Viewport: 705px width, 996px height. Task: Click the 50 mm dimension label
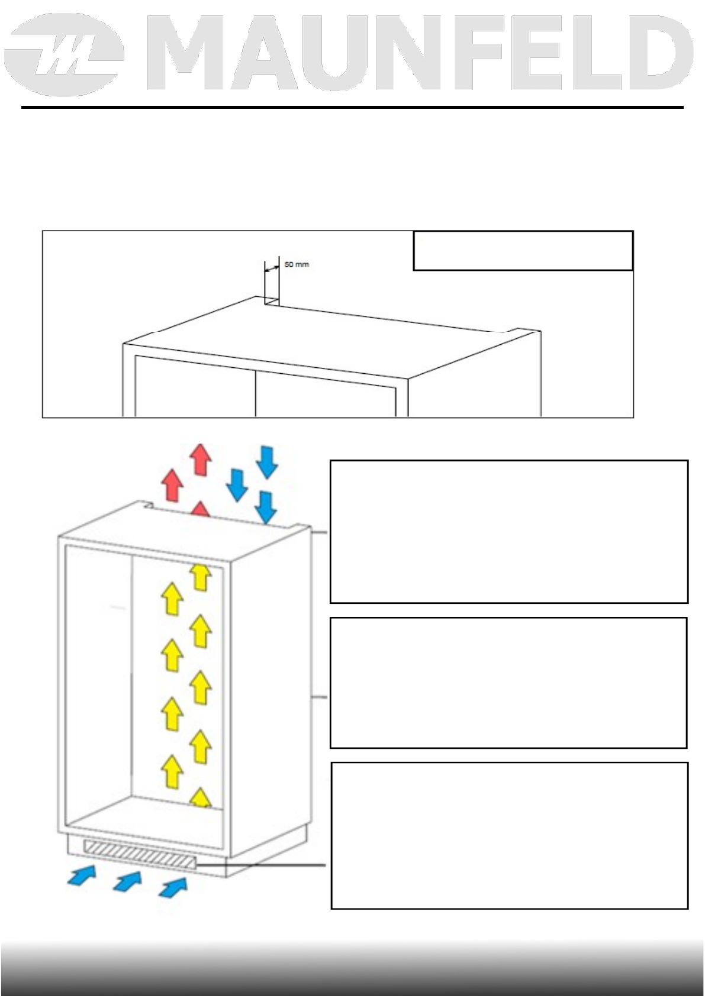[296, 264]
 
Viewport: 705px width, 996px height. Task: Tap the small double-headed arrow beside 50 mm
[272, 269]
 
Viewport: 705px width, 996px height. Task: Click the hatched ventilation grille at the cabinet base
[140, 855]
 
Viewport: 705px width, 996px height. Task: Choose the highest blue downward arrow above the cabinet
[267, 461]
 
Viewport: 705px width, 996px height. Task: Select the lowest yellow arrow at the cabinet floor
[201, 798]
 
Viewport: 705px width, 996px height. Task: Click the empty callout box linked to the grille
[509, 835]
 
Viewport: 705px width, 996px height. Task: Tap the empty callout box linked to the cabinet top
[509, 531]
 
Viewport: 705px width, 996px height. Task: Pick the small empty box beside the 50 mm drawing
[523, 251]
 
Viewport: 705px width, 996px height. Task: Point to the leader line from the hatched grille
[260, 865]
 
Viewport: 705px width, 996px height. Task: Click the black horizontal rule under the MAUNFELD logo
[352, 108]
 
